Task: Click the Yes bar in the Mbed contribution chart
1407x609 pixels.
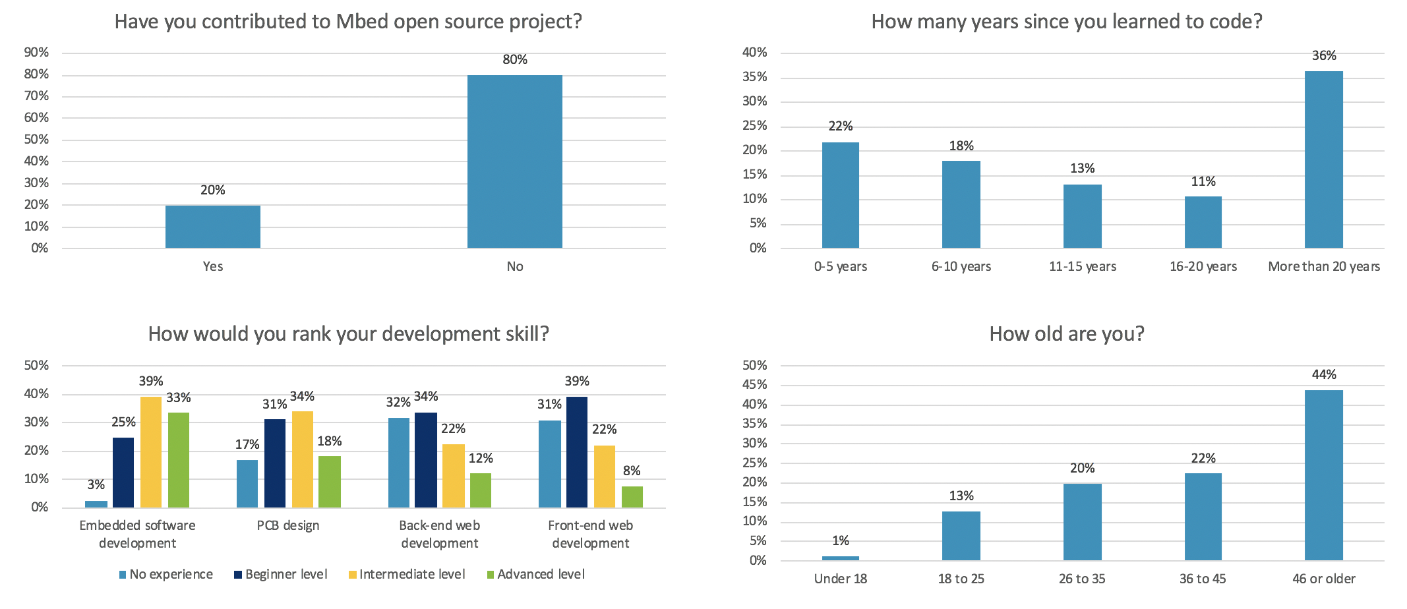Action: tap(212, 227)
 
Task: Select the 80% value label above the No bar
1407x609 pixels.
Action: tap(515, 60)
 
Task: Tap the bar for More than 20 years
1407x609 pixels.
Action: tap(1323, 159)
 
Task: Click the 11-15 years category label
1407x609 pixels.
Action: tap(1082, 267)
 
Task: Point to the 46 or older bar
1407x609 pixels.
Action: tap(1323, 475)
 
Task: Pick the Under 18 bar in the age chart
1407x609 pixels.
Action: tap(840, 558)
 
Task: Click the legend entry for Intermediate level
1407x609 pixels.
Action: tap(407, 575)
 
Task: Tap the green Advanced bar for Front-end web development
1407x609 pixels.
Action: tap(632, 497)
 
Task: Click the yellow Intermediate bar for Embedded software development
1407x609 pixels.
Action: tap(151, 452)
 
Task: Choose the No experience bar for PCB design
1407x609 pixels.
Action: tap(247, 484)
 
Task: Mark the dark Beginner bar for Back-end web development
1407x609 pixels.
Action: tap(426, 460)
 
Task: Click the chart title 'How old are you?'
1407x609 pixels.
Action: tap(1066, 334)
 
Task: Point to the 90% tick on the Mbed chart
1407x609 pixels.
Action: tap(36, 53)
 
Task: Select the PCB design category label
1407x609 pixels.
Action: tap(288, 526)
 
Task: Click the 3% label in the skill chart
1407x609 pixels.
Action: tap(96, 485)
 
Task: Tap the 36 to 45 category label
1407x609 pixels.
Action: tap(1203, 579)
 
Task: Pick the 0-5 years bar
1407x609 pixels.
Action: tap(840, 195)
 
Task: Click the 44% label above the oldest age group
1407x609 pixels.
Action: tap(1324, 375)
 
